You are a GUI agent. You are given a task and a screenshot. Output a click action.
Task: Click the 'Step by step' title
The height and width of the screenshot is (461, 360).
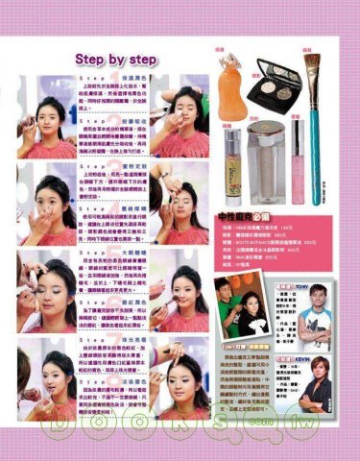114,61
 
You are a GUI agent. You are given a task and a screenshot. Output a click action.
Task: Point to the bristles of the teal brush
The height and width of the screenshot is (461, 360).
313,67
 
